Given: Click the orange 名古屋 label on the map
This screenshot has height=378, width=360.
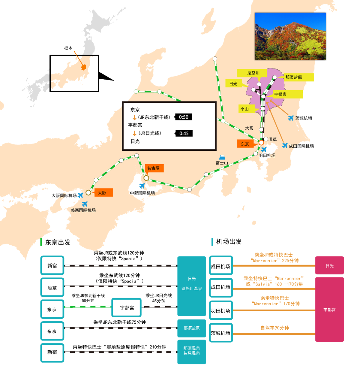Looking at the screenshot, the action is [154, 168].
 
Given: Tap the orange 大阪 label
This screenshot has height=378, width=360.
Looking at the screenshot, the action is [103, 192].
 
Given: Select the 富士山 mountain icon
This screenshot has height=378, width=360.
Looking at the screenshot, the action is [222, 157].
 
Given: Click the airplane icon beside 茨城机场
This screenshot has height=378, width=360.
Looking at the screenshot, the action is [291, 118].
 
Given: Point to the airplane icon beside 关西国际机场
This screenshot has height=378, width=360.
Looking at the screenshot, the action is [85, 204].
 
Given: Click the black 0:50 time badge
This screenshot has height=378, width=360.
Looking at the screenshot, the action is [183, 117].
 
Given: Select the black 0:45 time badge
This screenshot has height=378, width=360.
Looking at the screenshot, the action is [184, 133].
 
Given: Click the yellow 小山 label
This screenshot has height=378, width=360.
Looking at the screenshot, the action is [247, 109].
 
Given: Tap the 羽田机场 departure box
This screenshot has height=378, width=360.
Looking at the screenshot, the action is [221, 310].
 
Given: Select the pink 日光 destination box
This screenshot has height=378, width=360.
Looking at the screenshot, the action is [329, 265].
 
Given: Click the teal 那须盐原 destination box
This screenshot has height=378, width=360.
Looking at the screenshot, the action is [191, 328].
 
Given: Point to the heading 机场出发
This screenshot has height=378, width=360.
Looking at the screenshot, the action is [229, 241].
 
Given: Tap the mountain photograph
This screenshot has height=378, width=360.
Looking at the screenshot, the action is [290, 36].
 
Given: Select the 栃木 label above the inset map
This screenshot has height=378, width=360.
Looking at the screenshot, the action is [68, 48].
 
